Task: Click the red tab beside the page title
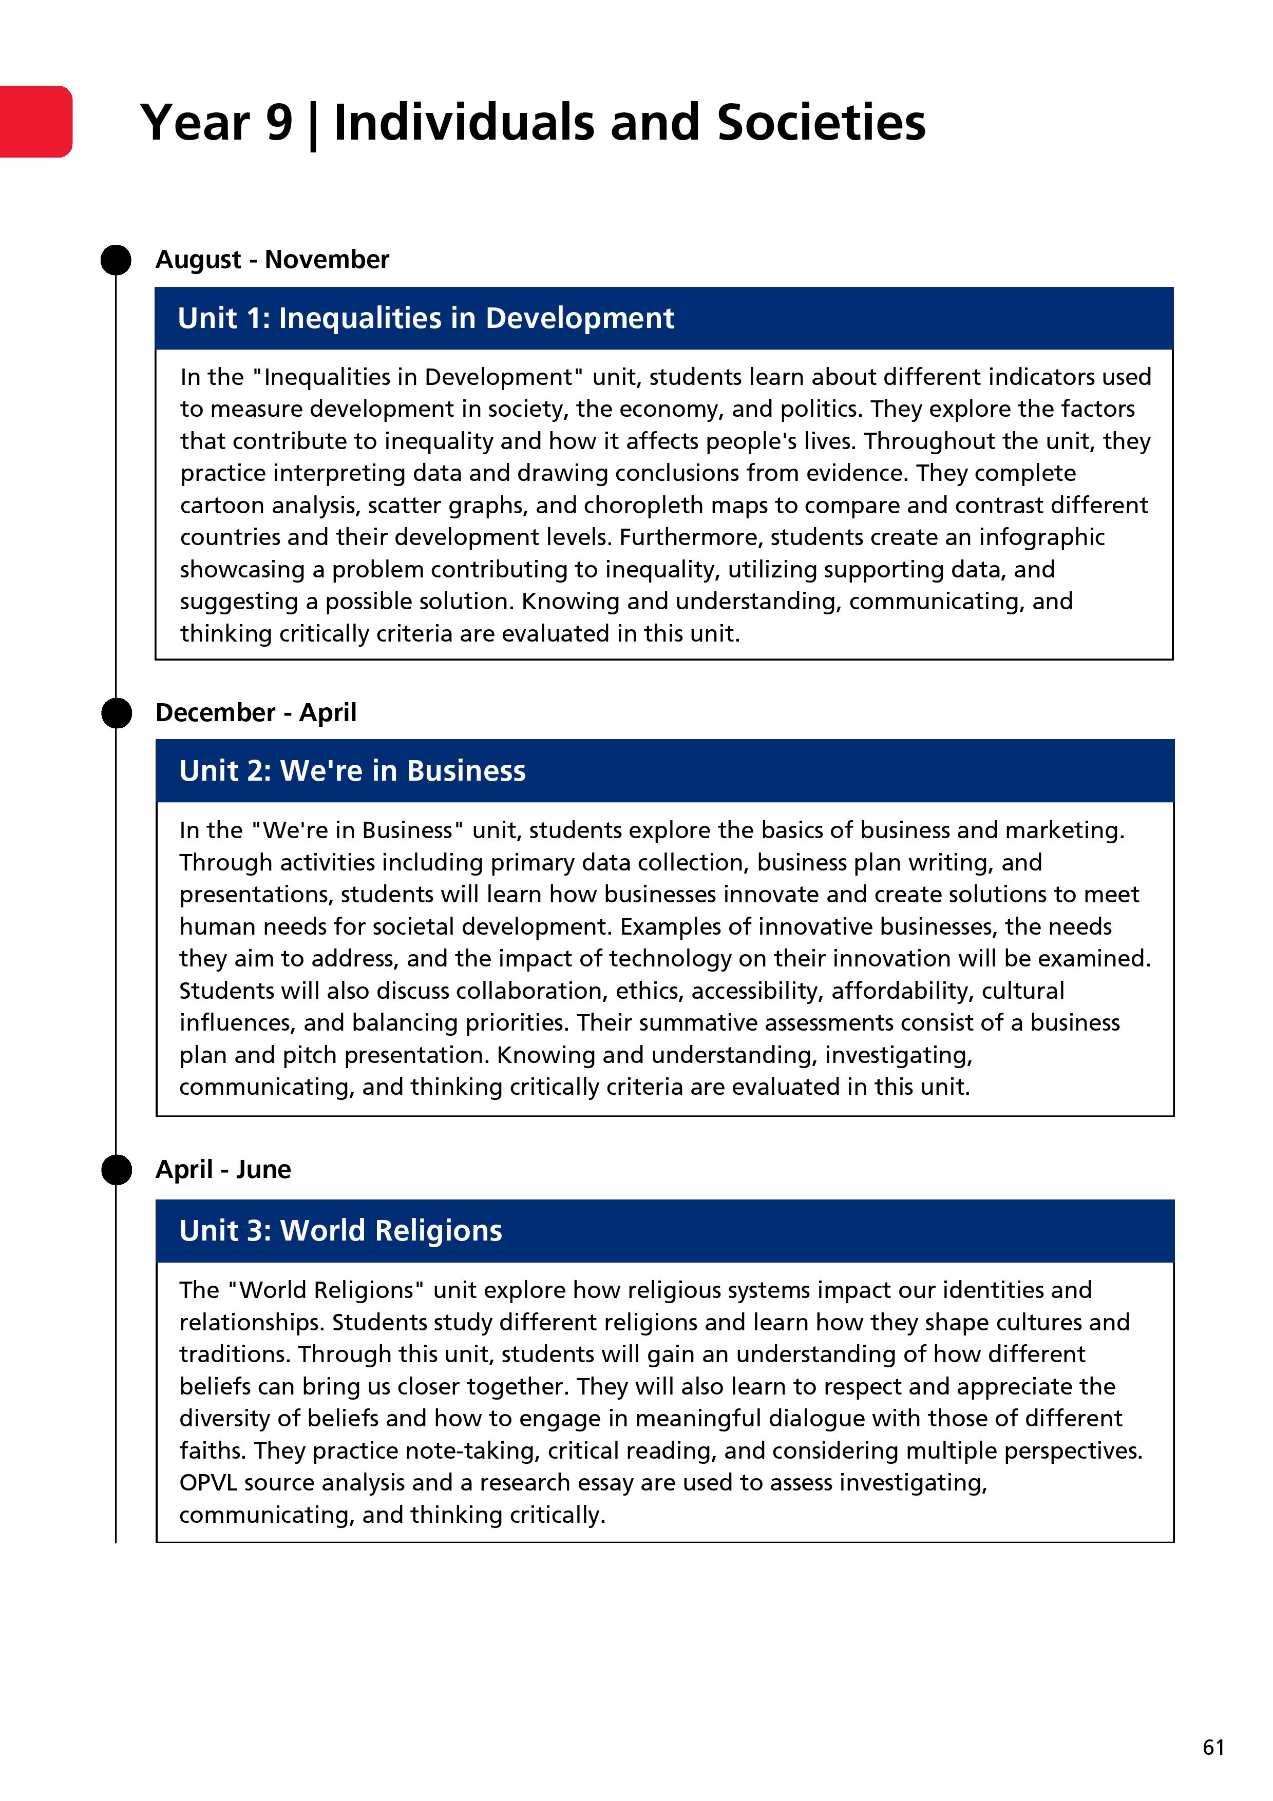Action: click(35, 122)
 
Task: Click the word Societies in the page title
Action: click(821, 123)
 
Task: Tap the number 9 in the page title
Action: click(279, 123)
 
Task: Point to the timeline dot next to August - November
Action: click(116, 260)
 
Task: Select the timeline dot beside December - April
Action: click(116, 713)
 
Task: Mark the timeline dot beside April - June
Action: click(116, 1170)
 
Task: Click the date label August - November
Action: click(272, 260)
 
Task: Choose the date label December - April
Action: click(256, 712)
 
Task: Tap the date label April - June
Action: click(223, 1170)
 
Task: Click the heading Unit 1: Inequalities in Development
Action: click(425, 318)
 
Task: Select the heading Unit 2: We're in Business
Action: click(352, 771)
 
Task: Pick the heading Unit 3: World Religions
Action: click(340, 1231)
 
